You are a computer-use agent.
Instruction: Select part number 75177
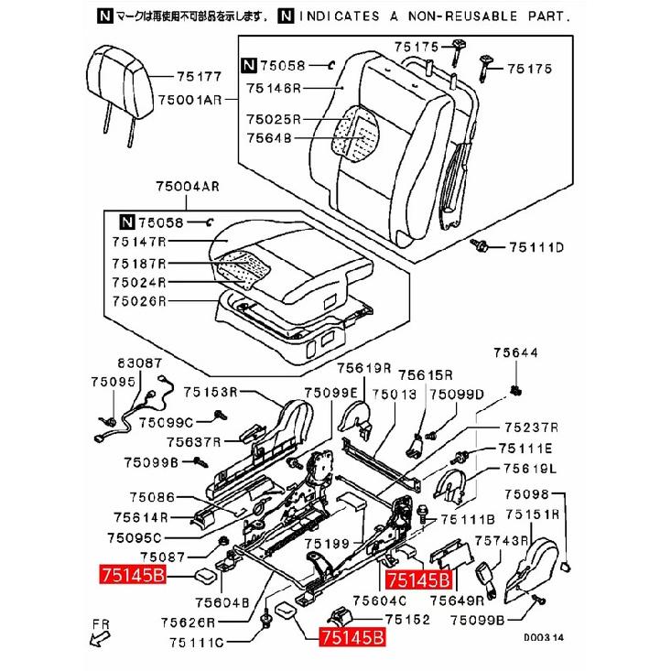click(199, 77)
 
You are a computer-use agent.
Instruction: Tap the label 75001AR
click(190, 100)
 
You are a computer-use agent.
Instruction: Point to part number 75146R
click(274, 88)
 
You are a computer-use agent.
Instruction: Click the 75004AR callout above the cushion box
click(188, 187)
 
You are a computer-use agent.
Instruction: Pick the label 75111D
click(536, 247)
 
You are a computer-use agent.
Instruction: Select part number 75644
click(515, 352)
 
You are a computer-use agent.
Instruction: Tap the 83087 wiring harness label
click(140, 363)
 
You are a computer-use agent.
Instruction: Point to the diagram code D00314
click(544, 637)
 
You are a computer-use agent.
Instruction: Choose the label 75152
click(407, 619)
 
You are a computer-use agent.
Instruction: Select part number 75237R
click(532, 427)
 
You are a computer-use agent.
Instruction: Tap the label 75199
click(328, 544)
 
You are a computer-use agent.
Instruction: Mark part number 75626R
click(188, 622)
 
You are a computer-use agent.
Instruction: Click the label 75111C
click(197, 643)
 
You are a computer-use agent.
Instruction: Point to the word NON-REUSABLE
click(462, 16)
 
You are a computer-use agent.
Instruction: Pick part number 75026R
click(138, 301)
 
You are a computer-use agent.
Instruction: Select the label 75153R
click(211, 392)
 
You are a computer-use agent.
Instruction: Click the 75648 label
click(269, 138)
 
